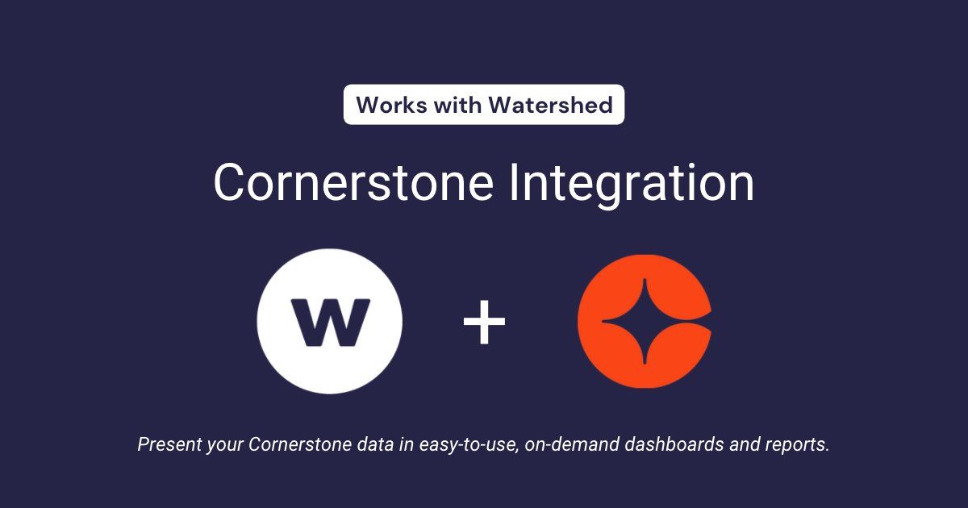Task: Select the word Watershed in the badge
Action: coord(555,105)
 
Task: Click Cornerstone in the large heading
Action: coord(353,183)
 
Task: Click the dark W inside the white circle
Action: coord(329,322)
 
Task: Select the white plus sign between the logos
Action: coord(484,322)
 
